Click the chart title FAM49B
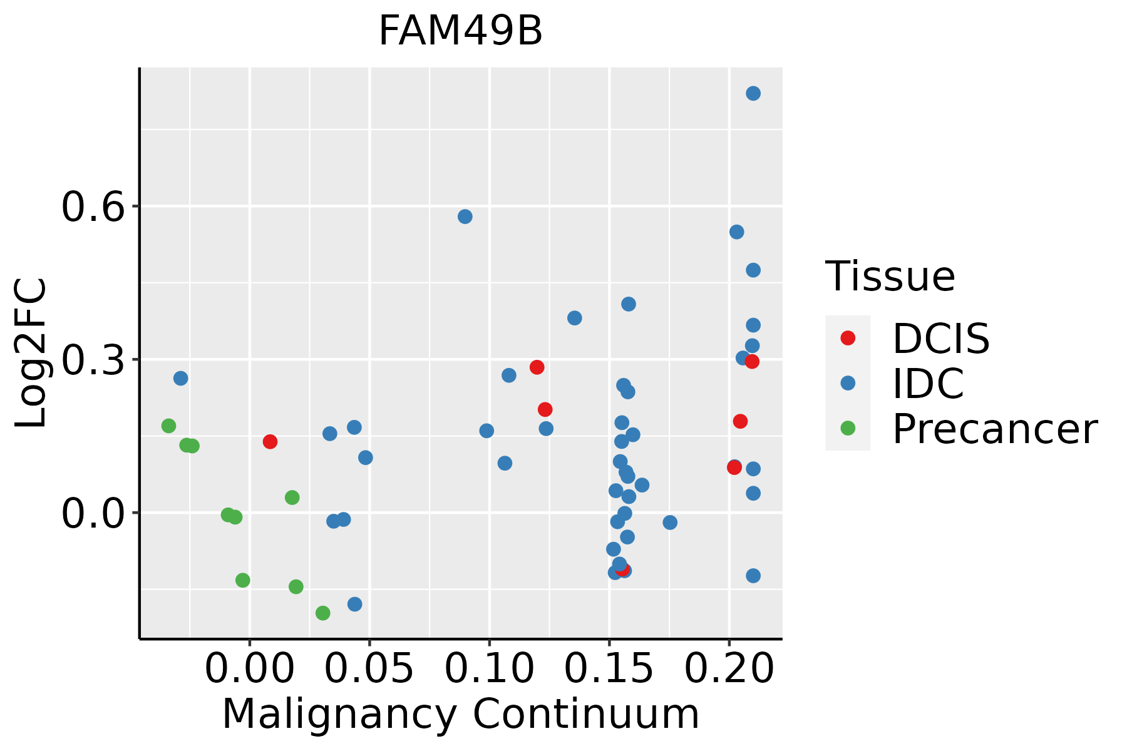click(x=460, y=31)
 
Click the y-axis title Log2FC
click(x=31, y=354)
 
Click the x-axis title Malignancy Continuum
click(x=460, y=715)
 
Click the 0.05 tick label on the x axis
click(x=369, y=668)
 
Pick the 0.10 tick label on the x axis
click(x=489, y=668)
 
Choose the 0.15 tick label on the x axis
click(x=609, y=668)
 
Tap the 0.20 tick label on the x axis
click(x=729, y=668)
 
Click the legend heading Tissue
click(x=890, y=276)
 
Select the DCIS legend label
click(x=940, y=339)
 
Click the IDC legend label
click(x=928, y=384)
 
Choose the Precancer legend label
click(x=994, y=429)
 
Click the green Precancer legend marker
click(x=848, y=429)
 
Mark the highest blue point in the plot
click(x=753, y=93)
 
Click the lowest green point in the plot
click(x=323, y=613)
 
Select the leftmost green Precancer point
click(x=168, y=426)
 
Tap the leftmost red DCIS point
click(x=270, y=442)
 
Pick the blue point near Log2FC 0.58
click(x=465, y=217)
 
